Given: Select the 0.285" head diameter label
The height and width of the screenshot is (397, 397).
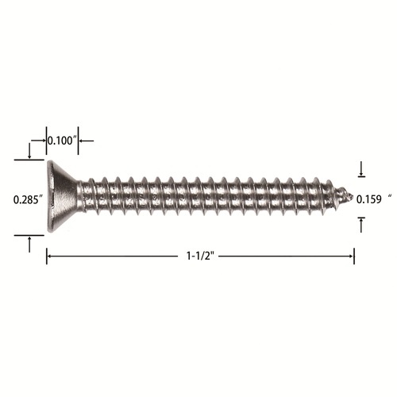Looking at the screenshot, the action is (x=29, y=199).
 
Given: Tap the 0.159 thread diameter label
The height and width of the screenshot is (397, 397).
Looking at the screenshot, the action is (x=369, y=199).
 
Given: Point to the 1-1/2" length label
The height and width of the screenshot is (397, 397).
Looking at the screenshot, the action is (x=200, y=256).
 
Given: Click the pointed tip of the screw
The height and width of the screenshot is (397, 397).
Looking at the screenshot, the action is (x=353, y=197).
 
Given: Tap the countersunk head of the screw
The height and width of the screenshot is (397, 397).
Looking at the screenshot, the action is (x=61, y=196).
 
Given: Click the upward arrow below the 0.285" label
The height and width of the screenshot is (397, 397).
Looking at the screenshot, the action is (x=29, y=245).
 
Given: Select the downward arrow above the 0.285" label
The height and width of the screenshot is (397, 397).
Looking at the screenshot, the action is (x=29, y=151).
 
